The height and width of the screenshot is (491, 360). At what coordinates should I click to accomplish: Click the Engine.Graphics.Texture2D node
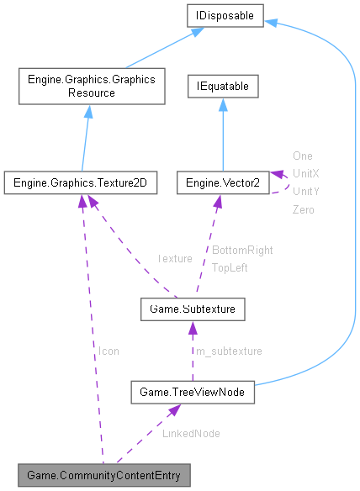point(80,182)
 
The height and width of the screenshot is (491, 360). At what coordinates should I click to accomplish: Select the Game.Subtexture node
point(193,310)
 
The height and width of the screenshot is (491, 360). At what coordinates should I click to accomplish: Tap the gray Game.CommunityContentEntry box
point(103,475)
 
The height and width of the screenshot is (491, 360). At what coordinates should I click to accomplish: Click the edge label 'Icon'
point(109,351)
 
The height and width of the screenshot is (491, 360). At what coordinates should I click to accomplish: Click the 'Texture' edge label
point(175,258)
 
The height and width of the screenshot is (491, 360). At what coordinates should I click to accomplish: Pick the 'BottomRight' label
point(242,250)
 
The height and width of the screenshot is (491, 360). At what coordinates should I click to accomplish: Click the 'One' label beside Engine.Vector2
point(303,156)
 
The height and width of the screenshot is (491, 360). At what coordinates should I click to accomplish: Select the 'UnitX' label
point(305,173)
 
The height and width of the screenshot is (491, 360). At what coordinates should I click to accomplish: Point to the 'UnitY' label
point(305,191)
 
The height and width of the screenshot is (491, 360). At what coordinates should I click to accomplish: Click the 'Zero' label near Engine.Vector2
point(304,209)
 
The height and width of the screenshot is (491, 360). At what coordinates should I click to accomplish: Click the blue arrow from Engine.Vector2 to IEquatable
point(222,135)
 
